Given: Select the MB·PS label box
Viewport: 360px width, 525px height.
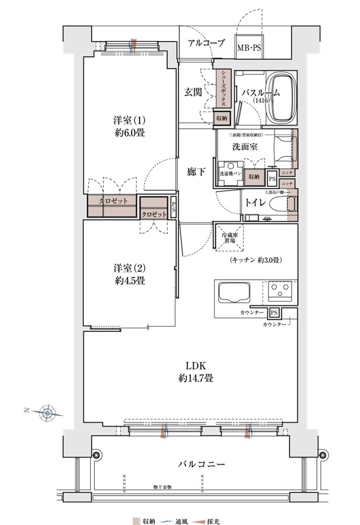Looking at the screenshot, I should click(x=249, y=48).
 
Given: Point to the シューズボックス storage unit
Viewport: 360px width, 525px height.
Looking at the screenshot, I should click(x=223, y=89).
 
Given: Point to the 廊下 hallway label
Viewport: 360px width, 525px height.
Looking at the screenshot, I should click(x=196, y=172).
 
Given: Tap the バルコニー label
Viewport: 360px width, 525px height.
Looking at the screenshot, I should click(x=201, y=464).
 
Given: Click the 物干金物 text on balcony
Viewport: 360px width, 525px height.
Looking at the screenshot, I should click(x=162, y=488).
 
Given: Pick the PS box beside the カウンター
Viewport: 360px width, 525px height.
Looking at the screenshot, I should click(x=273, y=313).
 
